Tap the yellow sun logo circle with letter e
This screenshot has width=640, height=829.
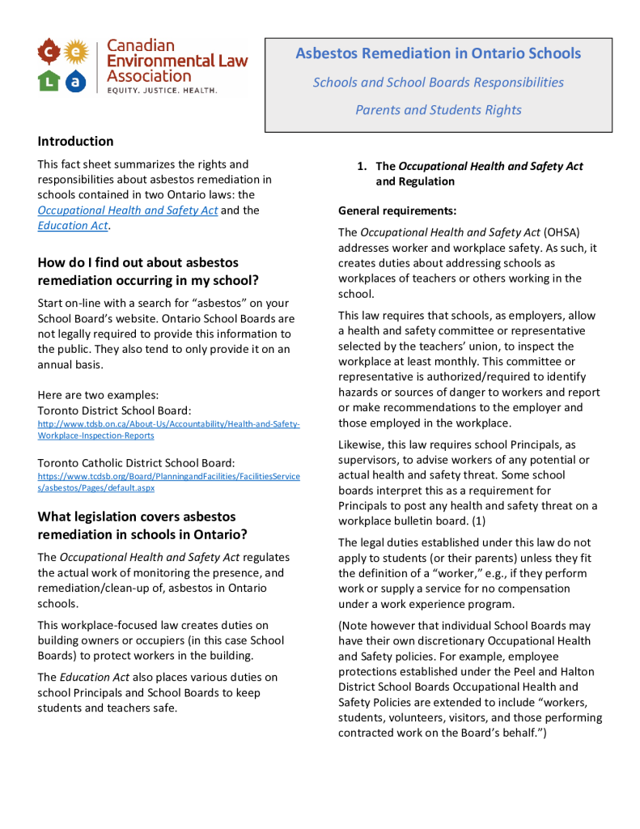point(75,53)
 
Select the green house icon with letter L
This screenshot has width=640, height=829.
point(49,80)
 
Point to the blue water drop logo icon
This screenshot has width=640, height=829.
point(75,80)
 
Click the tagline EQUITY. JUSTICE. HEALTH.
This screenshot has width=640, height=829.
point(162,91)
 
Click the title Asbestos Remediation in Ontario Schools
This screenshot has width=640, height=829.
point(438,53)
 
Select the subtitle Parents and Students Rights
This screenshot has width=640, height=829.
point(438,110)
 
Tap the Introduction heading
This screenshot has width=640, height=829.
point(75,141)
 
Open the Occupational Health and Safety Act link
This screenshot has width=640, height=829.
point(127,210)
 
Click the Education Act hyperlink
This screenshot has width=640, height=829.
point(72,226)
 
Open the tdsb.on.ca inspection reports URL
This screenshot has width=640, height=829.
point(168,430)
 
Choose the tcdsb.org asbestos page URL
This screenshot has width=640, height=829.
point(168,483)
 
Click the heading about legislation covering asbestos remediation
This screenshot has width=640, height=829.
point(137,525)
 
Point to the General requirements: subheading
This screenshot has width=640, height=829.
point(397,210)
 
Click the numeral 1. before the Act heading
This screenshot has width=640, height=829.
point(362,166)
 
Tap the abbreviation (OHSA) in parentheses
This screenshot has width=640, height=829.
point(562,232)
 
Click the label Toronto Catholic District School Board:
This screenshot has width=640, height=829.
point(136,463)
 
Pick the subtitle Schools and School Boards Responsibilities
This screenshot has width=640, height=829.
point(438,83)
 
